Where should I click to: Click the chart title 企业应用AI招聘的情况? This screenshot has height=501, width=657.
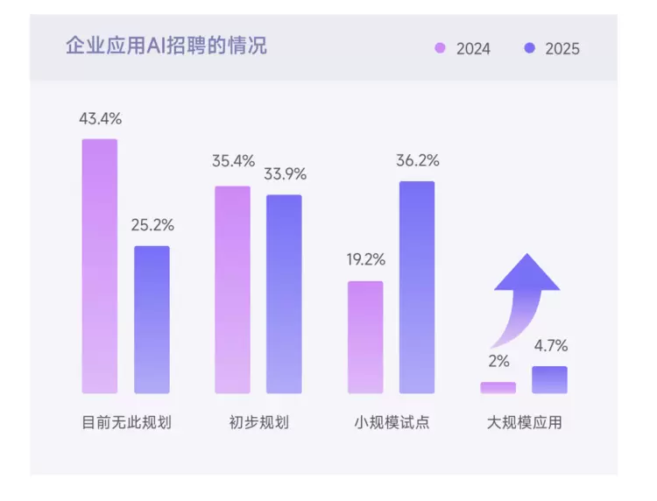(x=166, y=46)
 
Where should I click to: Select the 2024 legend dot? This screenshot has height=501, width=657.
(x=440, y=48)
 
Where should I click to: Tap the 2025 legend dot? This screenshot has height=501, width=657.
(x=529, y=48)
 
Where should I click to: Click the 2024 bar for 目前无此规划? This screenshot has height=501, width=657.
(x=100, y=266)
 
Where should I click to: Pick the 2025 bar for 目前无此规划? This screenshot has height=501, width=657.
(x=152, y=320)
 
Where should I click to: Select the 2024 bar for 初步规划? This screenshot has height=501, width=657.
(x=232, y=290)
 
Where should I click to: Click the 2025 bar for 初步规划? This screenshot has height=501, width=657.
(x=284, y=294)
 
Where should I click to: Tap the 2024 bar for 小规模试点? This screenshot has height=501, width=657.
(x=365, y=337)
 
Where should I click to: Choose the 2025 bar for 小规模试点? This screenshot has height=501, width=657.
(x=417, y=287)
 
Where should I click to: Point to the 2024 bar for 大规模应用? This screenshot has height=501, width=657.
(x=498, y=387)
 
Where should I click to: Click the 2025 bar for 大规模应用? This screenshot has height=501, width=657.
(x=550, y=380)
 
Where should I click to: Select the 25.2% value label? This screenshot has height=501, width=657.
(x=152, y=225)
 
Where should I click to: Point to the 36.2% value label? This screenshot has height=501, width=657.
(x=418, y=161)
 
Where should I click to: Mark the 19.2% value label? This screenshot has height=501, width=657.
(x=365, y=260)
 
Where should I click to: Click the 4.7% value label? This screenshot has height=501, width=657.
(x=550, y=345)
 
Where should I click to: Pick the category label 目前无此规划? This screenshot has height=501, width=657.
(x=126, y=423)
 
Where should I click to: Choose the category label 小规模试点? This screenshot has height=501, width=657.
(x=392, y=423)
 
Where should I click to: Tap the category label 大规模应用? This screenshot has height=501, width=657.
(x=524, y=423)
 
